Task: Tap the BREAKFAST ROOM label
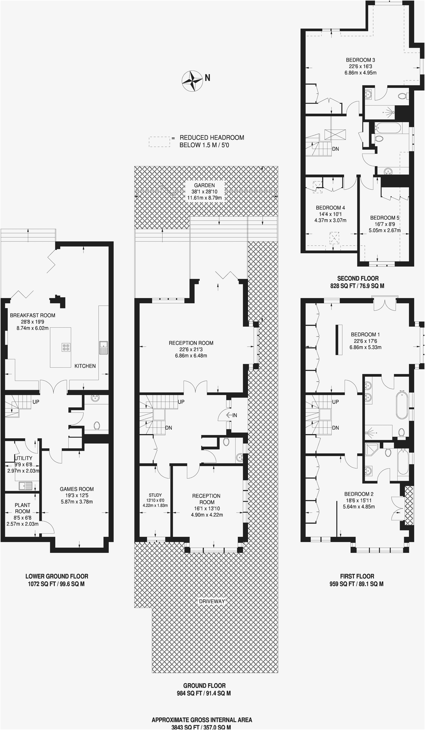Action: [32, 315]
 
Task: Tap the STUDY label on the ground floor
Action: [155, 495]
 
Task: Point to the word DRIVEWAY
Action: [212, 601]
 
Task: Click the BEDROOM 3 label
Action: [360, 60]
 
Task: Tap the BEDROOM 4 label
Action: [330, 208]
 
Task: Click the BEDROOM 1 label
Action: [365, 334]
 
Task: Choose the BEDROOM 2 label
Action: [359, 494]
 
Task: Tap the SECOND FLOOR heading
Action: [358, 278]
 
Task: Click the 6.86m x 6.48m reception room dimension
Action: [191, 355]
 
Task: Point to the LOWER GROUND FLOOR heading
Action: [57, 576]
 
